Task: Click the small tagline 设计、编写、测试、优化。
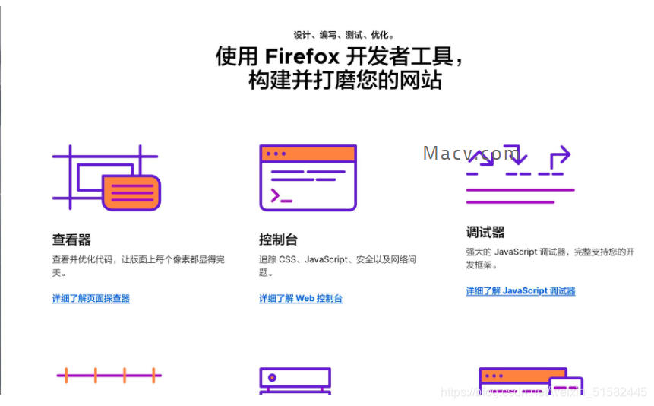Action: (344, 35)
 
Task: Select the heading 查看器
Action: (71, 240)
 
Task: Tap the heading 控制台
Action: (278, 240)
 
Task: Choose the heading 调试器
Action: (485, 233)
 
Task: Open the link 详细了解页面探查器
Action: (91, 299)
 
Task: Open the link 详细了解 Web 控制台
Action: (301, 299)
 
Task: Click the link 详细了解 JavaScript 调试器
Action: (520, 291)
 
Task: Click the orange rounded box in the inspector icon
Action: (131, 192)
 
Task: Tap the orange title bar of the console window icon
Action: (308, 154)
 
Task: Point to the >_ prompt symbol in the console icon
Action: (281, 197)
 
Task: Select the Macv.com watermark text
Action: (471, 154)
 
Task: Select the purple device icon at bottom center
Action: (295, 379)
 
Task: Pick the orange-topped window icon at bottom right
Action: (530, 379)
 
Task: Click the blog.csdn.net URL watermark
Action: (543, 392)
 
